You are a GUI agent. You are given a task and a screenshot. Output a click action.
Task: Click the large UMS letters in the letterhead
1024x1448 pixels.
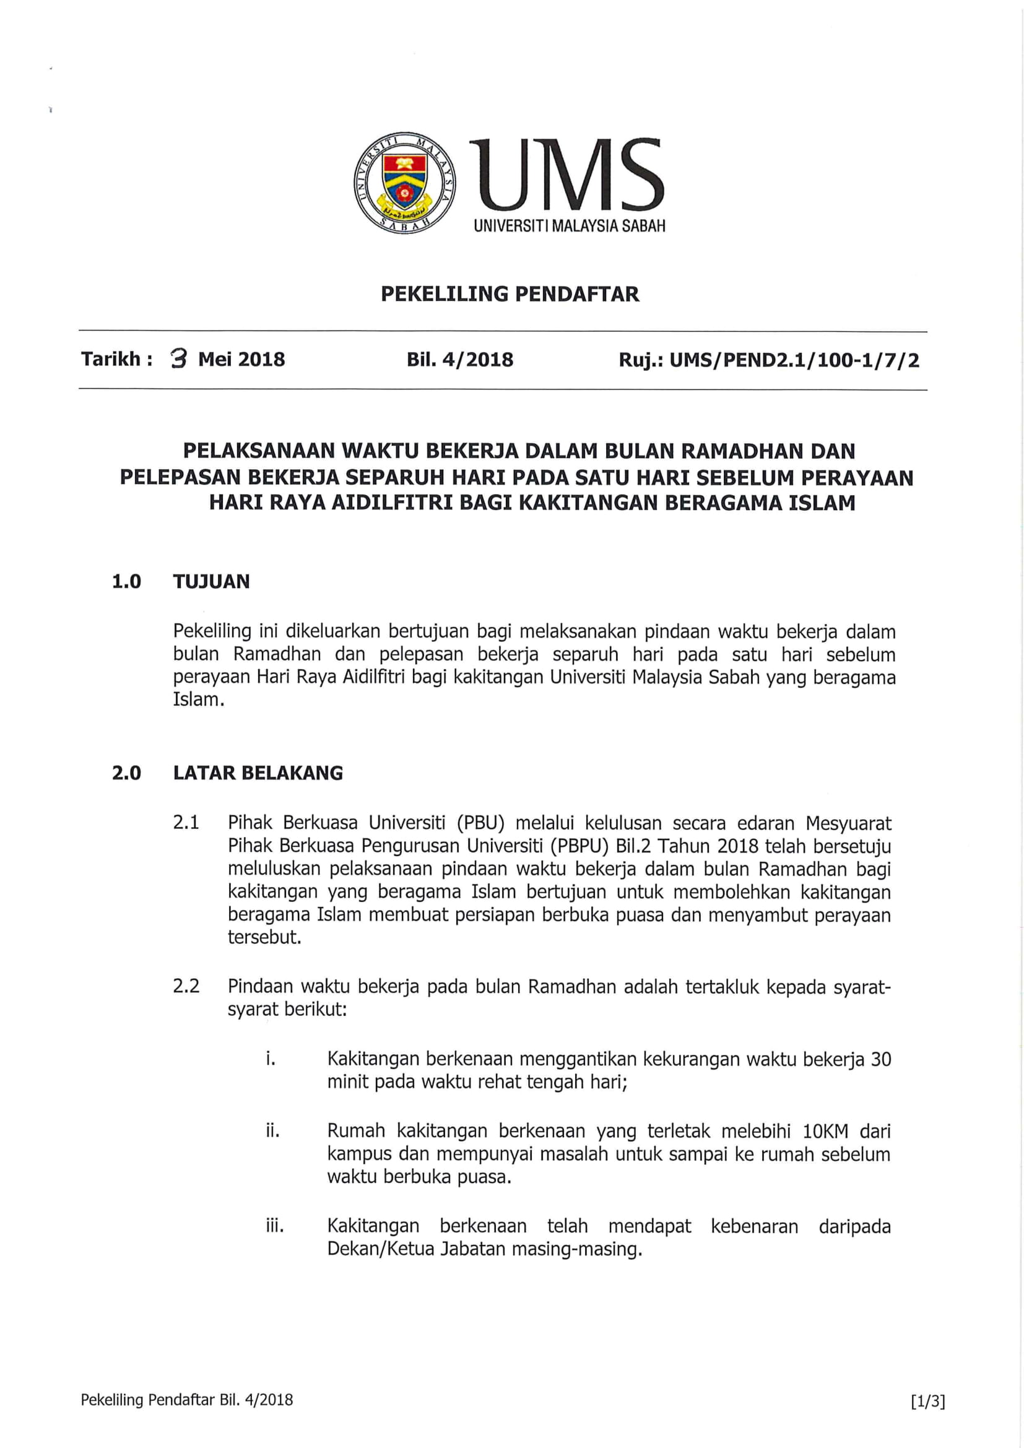click(x=570, y=176)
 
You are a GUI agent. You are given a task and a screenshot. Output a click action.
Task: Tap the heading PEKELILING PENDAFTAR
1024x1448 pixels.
click(x=510, y=294)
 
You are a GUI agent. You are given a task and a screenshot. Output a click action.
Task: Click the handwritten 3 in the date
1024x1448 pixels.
click(x=180, y=360)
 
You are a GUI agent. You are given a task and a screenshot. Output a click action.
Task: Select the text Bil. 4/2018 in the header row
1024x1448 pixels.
click(x=459, y=360)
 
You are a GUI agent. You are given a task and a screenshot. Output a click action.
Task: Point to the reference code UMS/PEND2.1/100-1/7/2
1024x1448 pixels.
click(x=794, y=361)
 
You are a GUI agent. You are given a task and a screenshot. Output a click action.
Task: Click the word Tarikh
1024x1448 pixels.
click(x=111, y=359)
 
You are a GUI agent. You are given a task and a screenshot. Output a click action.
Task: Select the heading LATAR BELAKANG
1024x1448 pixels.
click(x=258, y=773)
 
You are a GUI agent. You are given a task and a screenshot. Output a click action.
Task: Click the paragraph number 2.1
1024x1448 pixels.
click(x=186, y=822)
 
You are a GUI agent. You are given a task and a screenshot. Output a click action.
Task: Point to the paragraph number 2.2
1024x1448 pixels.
click(x=186, y=986)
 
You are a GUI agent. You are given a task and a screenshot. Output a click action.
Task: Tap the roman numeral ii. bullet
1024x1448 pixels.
click(x=272, y=1132)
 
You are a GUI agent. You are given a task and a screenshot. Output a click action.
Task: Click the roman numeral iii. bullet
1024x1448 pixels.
click(x=274, y=1226)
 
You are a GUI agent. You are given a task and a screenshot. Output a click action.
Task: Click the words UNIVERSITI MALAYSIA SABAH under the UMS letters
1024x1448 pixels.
click(x=570, y=226)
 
